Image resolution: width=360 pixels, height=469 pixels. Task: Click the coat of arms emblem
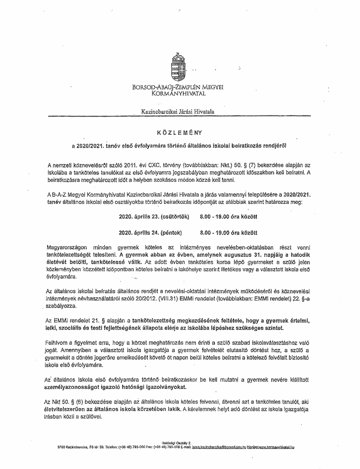(179, 67)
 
